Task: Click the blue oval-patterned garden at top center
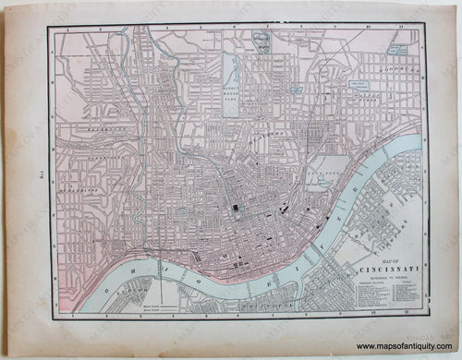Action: pos(263,42)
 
